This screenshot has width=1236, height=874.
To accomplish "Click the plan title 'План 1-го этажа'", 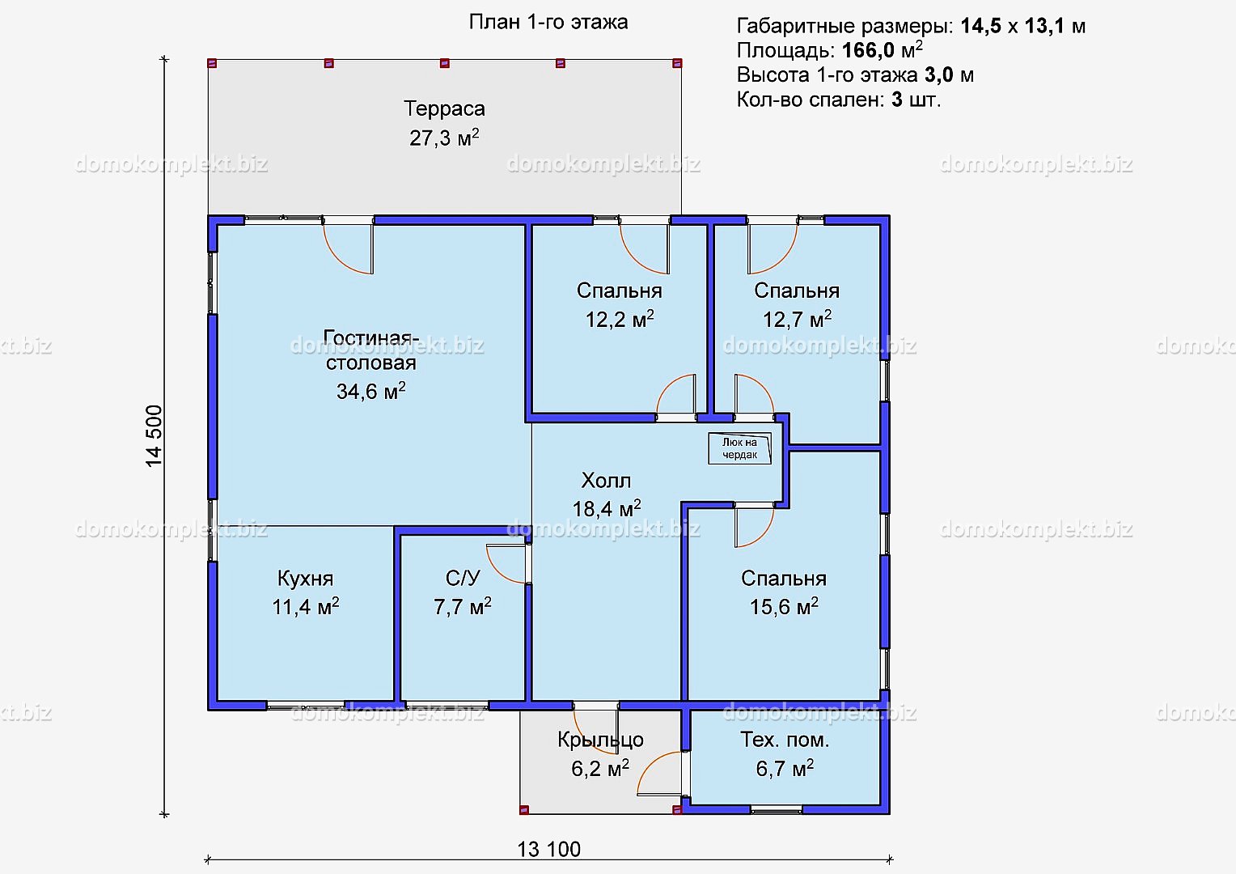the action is click(548, 23).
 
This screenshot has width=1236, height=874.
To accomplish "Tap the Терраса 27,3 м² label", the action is click(444, 123).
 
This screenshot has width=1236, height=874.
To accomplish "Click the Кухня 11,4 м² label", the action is click(305, 592).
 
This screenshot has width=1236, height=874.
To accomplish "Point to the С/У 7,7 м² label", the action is click(463, 592).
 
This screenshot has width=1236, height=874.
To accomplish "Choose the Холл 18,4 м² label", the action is click(607, 494).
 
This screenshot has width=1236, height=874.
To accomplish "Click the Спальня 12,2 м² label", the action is click(619, 305).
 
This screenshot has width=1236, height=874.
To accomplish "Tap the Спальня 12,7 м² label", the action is click(797, 305).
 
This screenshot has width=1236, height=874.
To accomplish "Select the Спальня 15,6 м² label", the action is click(784, 592).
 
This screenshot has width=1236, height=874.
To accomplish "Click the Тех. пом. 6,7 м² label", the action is click(785, 753).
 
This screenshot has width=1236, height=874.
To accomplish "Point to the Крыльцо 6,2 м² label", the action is click(600, 753).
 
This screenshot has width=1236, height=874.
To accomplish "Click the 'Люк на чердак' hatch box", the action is click(740, 448).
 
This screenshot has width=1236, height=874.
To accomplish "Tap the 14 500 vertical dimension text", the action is click(154, 436).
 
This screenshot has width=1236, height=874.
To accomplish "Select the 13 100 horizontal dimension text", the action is click(549, 849).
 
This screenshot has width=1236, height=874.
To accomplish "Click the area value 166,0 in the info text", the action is click(868, 51).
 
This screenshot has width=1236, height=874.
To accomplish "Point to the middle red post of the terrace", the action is click(445, 63).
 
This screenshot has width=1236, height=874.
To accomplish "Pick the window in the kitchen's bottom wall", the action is click(306, 705).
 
